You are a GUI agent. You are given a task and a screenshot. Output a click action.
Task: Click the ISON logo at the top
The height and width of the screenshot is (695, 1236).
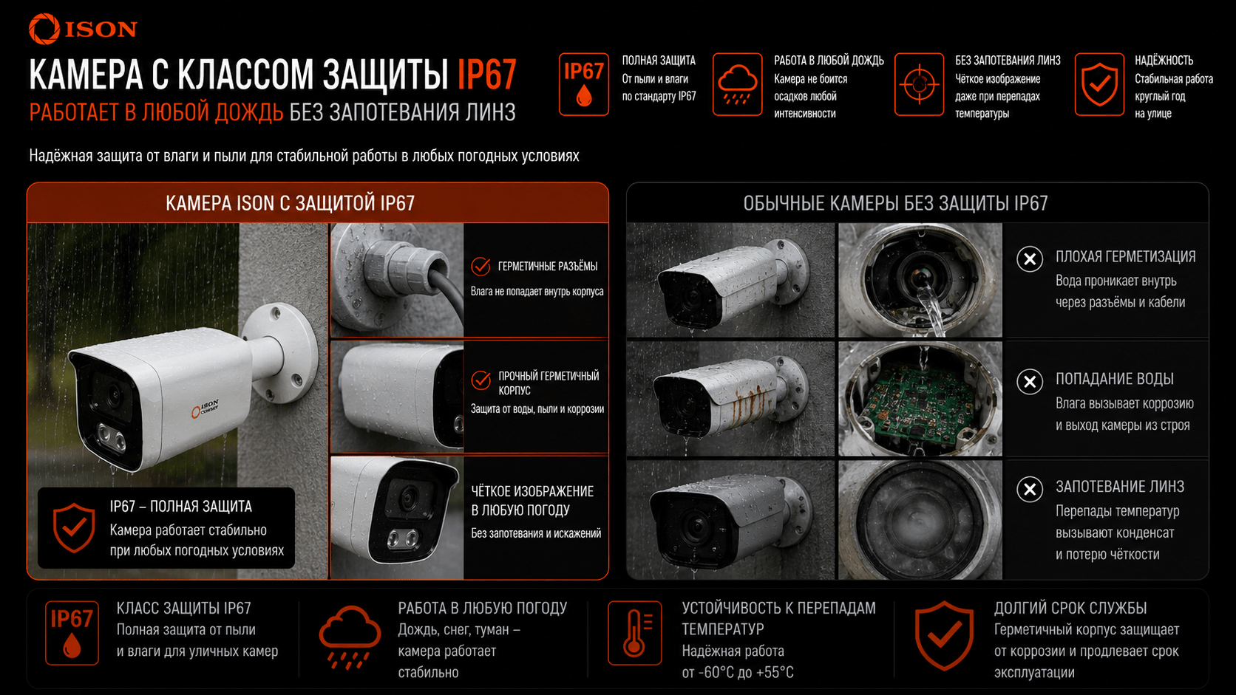(83, 29)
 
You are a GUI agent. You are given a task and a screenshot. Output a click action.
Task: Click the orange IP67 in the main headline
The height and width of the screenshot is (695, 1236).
(486, 75)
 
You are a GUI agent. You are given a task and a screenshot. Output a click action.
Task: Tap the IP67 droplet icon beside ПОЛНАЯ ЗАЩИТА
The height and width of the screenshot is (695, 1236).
(584, 84)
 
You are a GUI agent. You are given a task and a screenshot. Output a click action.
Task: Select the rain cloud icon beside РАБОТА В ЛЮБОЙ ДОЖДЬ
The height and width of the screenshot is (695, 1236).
(737, 84)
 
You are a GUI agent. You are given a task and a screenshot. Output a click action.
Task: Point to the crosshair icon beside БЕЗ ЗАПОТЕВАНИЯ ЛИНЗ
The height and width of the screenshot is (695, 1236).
(920, 84)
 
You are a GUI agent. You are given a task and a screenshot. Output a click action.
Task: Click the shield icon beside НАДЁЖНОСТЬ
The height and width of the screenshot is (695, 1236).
(1099, 84)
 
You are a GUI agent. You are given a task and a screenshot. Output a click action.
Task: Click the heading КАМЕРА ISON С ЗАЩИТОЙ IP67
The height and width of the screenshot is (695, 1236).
(291, 203)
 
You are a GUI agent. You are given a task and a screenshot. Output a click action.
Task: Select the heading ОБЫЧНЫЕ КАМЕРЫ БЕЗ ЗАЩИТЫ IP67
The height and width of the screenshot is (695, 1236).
(895, 203)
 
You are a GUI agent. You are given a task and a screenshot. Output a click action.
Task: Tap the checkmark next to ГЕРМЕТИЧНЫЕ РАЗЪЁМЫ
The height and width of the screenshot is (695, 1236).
(481, 266)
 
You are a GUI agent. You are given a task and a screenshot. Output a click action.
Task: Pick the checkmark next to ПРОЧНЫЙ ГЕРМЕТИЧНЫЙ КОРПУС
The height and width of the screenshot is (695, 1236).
(481, 380)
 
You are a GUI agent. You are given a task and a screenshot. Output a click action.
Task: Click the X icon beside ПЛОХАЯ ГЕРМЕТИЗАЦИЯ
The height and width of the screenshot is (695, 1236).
(1030, 259)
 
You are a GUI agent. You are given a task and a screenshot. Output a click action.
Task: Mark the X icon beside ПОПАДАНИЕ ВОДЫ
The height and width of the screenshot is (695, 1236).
(1030, 381)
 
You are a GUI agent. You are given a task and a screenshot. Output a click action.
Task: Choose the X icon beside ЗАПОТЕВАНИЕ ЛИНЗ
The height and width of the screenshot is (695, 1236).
(1030, 489)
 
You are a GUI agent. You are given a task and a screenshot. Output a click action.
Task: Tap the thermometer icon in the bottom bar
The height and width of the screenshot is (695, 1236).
(634, 633)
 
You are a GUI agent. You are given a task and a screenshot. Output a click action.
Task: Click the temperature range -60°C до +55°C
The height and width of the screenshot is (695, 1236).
(738, 672)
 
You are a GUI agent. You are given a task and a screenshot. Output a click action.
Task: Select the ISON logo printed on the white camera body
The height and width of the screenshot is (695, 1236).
(206, 408)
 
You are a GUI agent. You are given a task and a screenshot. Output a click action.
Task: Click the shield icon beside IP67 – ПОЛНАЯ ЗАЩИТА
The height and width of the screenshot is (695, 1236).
(74, 527)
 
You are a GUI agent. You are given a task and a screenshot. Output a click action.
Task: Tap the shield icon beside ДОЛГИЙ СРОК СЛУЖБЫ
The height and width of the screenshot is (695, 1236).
(944, 635)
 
